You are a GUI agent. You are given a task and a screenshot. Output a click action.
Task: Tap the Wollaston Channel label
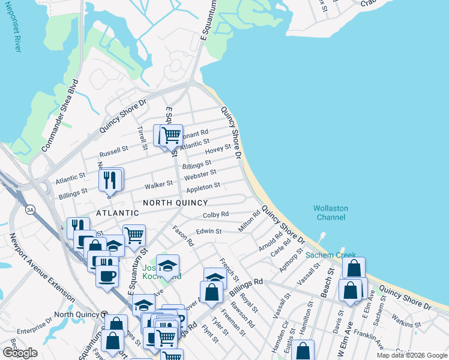pyautogui.click(x=330, y=212)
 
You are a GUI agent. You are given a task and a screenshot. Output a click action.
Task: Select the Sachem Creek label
pyautogui.click(x=328, y=255)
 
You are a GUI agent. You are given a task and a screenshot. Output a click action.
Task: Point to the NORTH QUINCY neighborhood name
pyautogui.click(x=175, y=203)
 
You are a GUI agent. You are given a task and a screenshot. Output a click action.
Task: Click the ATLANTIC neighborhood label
pyautogui.click(x=117, y=213)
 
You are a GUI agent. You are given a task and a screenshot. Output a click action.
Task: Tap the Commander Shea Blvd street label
pyautogui.click(x=60, y=115)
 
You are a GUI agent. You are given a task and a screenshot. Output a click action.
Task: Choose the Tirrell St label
pyautogui.click(x=143, y=137)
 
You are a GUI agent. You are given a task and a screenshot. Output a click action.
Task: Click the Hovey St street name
pyautogui.click(x=218, y=148)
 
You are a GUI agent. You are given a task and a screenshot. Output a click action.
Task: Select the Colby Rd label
pyautogui.click(x=215, y=214)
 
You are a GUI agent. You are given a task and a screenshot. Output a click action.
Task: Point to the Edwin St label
pyautogui.click(x=210, y=231)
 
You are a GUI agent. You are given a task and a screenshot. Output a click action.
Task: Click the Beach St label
pyautogui.click(x=330, y=280)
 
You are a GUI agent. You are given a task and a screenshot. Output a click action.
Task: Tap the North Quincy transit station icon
pyautogui.click(x=104, y=314)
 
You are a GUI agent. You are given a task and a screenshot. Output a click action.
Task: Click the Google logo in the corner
pyautogui.click(x=20, y=353)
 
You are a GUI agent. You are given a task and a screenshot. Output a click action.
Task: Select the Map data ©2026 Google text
pyautogui.click(x=411, y=355)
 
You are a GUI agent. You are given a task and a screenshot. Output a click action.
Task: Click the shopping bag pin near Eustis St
pyautogui.click(x=304, y=350)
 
